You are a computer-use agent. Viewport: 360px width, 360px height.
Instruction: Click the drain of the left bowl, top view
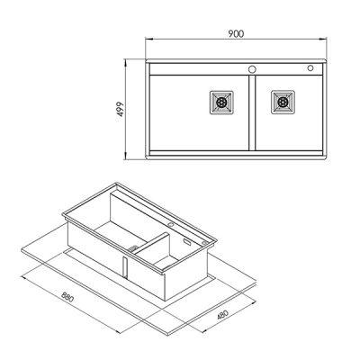221,102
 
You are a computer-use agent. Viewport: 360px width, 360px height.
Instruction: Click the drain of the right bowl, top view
283,102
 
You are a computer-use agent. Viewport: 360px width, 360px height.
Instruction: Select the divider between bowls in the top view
252,117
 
